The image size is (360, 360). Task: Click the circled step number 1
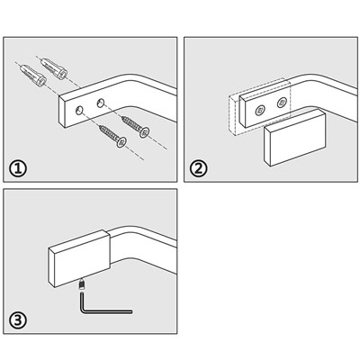point(18,168)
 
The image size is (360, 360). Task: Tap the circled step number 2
point(198,168)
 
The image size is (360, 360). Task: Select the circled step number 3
point(18,320)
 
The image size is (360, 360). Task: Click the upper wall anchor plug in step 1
point(54,68)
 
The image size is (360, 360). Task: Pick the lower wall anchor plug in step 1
point(33,76)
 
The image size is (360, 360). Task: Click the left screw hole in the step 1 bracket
point(80,110)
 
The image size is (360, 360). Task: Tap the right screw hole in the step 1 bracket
point(101,103)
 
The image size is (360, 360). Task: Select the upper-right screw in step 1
point(136,127)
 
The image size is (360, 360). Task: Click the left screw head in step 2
point(260,111)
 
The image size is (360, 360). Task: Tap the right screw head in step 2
point(282,103)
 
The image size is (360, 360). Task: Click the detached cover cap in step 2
point(294,138)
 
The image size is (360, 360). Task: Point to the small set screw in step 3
point(81,284)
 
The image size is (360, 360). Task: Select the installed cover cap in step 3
point(79,258)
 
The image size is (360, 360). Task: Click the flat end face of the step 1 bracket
point(62,112)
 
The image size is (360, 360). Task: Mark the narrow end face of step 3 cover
point(51,267)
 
